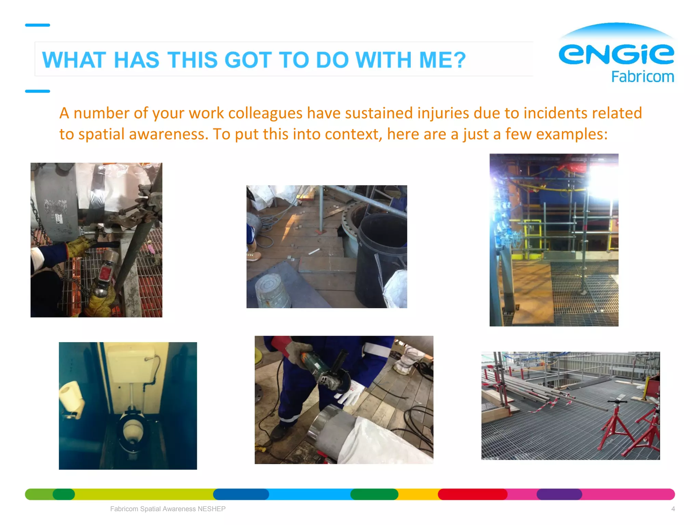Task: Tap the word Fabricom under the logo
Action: pos(643,77)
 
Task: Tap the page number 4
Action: pos(673,509)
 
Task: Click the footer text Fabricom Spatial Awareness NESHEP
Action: pos(168,509)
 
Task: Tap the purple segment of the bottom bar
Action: pos(559,494)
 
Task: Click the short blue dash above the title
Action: pos(38,25)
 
